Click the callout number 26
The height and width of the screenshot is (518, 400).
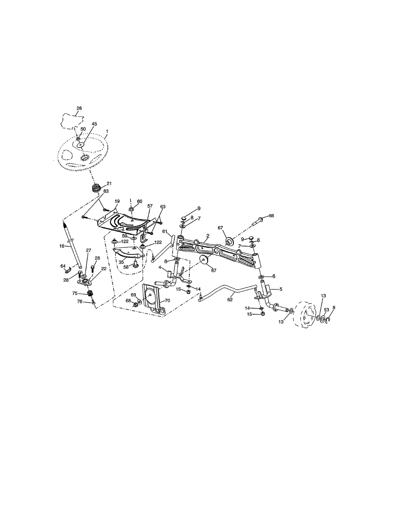[79, 108]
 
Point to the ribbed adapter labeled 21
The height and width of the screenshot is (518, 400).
[96, 189]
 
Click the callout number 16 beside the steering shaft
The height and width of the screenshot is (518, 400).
[62, 246]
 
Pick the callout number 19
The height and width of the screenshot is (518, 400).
[117, 201]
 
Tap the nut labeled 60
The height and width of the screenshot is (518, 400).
[132, 209]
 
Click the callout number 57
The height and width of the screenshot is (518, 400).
[150, 206]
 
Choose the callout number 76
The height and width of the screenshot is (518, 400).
[79, 301]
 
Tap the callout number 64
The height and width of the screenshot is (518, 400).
[63, 266]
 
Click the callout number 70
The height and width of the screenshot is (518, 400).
[167, 300]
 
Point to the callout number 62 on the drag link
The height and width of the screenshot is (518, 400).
[230, 299]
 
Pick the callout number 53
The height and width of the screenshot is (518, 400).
[327, 310]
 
